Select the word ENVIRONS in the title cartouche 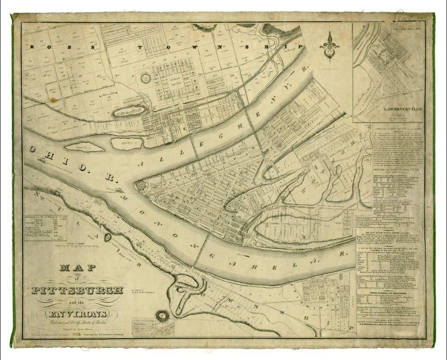coord(76,314)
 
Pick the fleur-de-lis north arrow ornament coord(327,45)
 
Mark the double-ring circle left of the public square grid coord(146,78)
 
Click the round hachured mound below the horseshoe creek coord(162,315)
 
